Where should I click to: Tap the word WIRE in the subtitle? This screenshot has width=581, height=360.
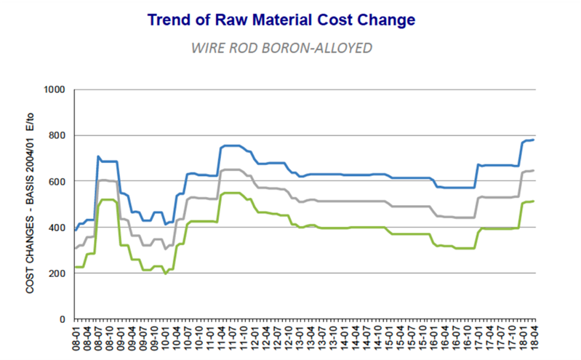pos(206,49)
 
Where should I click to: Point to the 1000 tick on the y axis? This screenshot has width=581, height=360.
pos(55,89)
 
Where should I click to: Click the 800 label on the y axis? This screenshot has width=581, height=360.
pos(58,135)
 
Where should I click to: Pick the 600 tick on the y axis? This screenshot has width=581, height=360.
pos(58,181)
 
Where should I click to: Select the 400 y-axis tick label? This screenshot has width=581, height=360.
pos(58,227)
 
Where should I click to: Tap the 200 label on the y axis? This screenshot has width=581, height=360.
pos(58,273)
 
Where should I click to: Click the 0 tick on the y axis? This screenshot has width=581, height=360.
pos(63,319)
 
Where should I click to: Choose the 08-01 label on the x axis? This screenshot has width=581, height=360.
pos(75,337)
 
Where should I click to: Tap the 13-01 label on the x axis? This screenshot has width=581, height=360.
pos(300,337)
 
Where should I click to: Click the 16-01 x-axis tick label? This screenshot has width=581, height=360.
pos(435,337)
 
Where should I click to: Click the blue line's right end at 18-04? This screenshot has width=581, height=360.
pos(534,140)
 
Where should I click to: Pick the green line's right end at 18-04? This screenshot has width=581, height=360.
pos(534,201)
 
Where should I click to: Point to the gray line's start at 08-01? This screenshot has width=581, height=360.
pos(75,248)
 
